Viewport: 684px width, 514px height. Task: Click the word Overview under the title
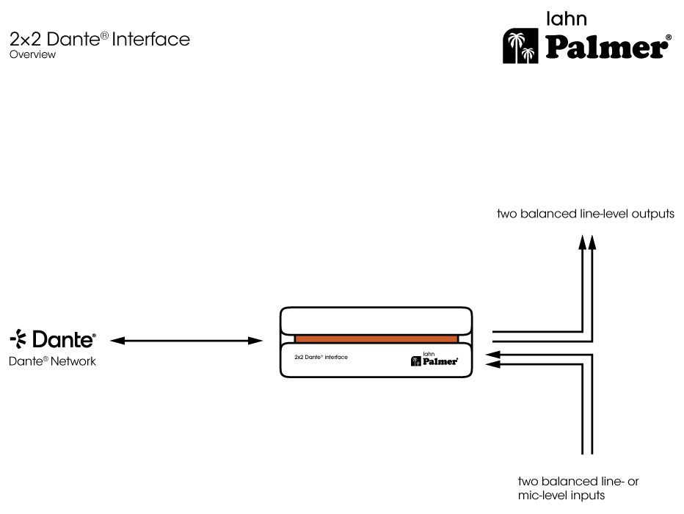(x=32, y=54)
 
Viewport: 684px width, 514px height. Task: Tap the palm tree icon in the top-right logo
(x=523, y=47)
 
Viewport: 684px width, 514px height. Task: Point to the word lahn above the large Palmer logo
(x=570, y=18)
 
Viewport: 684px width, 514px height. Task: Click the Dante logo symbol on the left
(x=18, y=339)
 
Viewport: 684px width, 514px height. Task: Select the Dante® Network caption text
(x=52, y=361)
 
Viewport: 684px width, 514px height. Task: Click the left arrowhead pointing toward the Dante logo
(x=116, y=340)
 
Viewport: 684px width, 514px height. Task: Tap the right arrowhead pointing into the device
(x=256, y=340)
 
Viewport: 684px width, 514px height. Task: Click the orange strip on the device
(x=376, y=339)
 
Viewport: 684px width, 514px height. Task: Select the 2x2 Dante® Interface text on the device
(x=320, y=357)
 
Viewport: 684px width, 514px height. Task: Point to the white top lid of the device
(x=376, y=320)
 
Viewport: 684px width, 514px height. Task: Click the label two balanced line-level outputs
(x=585, y=214)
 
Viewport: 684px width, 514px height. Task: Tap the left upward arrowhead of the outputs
(x=582, y=243)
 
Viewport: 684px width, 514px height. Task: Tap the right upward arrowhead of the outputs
(x=592, y=243)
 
